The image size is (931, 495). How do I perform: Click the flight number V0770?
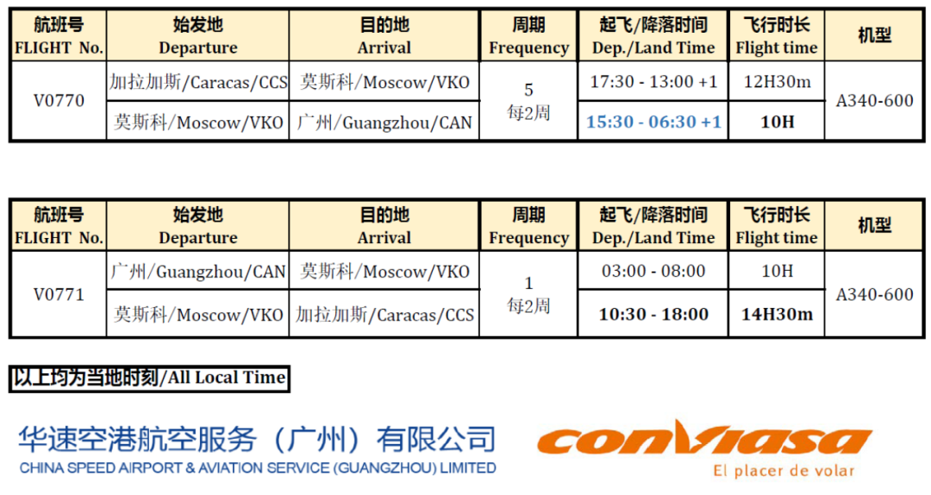pyautogui.click(x=59, y=100)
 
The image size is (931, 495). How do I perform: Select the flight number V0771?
pyautogui.click(x=59, y=294)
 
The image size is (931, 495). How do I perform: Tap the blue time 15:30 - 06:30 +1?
pyautogui.click(x=653, y=122)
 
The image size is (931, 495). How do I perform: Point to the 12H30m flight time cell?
pyautogui.click(x=777, y=81)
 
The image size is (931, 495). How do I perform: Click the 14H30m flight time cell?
pyautogui.click(x=777, y=314)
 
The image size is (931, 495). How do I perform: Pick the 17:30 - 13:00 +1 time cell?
pyautogui.click(x=653, y=81)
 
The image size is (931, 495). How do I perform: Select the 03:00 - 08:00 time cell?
pyautogui.click(x=653, y=271)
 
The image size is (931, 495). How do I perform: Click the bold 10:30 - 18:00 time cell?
pyautogui.click(x=653, y=314)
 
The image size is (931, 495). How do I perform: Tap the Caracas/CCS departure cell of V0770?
pyautogui.click(x=198, y=81)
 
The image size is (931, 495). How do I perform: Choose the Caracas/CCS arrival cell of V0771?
pyautogui.click(x=384, y=314)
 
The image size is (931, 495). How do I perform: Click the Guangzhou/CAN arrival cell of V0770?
pyautogui.click(x=384, y=122)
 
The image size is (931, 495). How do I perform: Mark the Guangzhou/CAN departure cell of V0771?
pyautogui.click(x=198, y=272)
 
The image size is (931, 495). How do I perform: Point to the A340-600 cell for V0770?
pyautogui.click(x=875, y=100)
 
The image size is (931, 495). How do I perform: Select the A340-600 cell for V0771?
pyautogui.click(x=875, y=294)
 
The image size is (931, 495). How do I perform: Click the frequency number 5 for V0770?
pyautogui.click(x=528, y=90)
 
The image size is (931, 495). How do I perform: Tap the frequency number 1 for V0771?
pyautogui.click(x=528, y=283)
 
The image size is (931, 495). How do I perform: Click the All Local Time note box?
pyautogui.click(x=150, y=378)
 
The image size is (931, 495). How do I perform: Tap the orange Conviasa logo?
pyautogui.click(x=704, y=439)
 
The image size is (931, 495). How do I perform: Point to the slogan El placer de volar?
pyautogui.click(x=784, y=471)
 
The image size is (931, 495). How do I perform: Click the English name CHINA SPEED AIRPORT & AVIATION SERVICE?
pyautogui.click(x=258, y=468)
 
